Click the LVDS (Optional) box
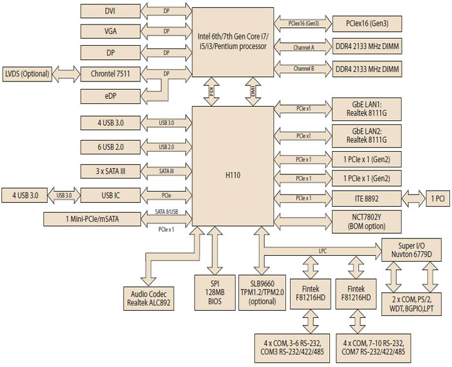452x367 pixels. [26, 74]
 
